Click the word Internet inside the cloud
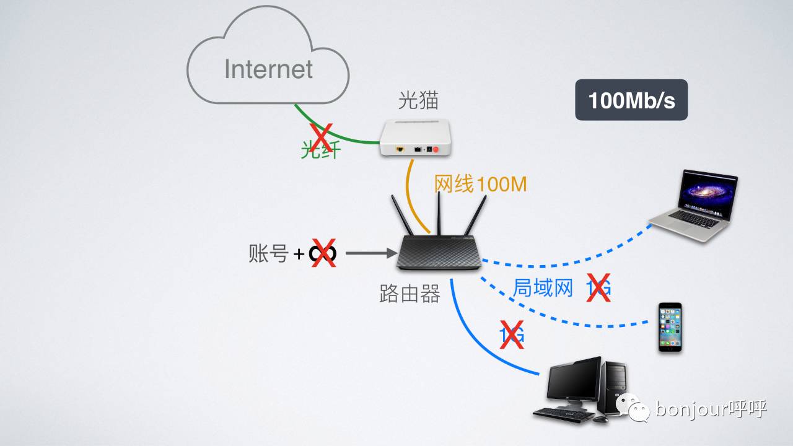click(x=269, y=69)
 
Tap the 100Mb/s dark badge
click(x=631, y=100)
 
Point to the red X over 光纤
click(x=321, y=139)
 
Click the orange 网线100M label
click(x=480, y=184)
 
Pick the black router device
click(x=438, y=251)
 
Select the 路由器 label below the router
click(x=410, y=293)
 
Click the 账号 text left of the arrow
click(x=268, y=253)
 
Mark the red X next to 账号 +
click(x=323, y=253)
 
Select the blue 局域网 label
click(x=543, y=287)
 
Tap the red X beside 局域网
click(x=598, y=288)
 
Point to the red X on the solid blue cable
click(x=512, y=335)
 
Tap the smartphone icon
click(x=670, y=328)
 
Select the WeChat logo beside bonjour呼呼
click(x=632, y=408)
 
